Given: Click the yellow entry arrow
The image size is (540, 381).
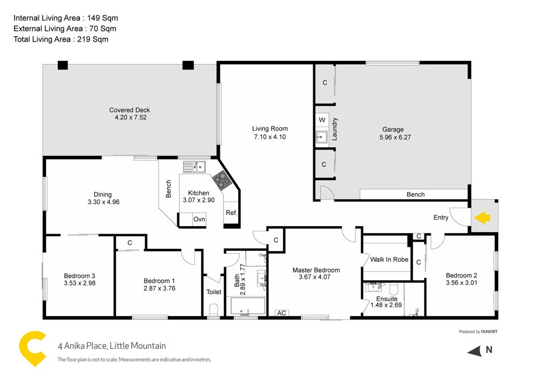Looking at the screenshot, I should (x=482, y=217).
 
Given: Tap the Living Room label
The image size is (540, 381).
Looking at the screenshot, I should (x=269, y=128).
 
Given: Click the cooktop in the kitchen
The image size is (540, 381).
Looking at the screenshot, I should (x=220, y=179).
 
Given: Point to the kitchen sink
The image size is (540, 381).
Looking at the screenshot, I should (x=194, y=166).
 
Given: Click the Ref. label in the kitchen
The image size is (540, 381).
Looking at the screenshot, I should (x=231, y=213).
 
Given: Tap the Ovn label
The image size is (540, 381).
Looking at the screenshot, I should (x=199, y=220).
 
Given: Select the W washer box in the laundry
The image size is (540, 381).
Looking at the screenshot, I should (x=322, y=119).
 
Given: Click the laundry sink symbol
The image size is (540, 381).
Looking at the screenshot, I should (x=322, y=137).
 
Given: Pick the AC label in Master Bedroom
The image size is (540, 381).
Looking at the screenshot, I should (x=281, y=313).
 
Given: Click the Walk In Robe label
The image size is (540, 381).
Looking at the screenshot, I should (x=389, y=260).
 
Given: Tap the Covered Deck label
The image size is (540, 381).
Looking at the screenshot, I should (x=130, y=110).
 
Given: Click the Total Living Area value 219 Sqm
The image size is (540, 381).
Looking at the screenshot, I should (x=98, y=39).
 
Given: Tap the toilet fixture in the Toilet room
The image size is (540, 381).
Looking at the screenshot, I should (x=214, y=310).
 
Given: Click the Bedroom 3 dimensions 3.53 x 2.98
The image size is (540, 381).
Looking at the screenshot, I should (x=79, y=283).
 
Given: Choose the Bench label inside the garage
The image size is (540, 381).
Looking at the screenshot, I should (x=415, y=195).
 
